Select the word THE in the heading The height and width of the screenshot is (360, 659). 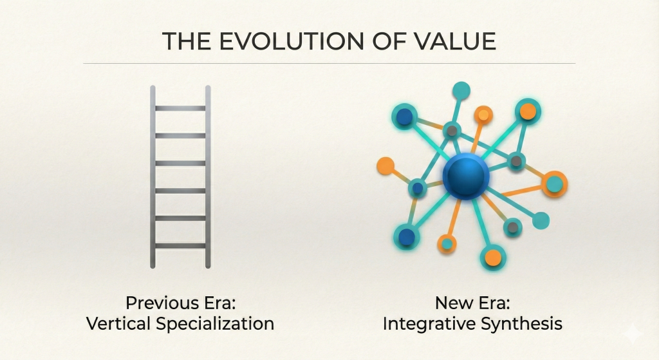tap(186, 41)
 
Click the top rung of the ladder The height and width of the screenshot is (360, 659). tap(180, 108)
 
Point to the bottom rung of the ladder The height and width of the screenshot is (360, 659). tap(180, 245)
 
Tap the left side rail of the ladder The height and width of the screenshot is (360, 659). tap(153, 176)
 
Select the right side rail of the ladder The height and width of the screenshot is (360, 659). tap(208, 176)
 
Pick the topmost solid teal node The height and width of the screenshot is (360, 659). tap(461, 90)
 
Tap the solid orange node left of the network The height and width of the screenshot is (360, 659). tap(385, 166)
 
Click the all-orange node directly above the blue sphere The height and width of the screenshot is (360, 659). tap(483, 115)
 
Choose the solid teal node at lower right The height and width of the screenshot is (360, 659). tap(541, 220)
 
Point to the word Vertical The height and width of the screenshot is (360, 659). tap(118, 323)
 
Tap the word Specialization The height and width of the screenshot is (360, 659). tap(214, 323)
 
